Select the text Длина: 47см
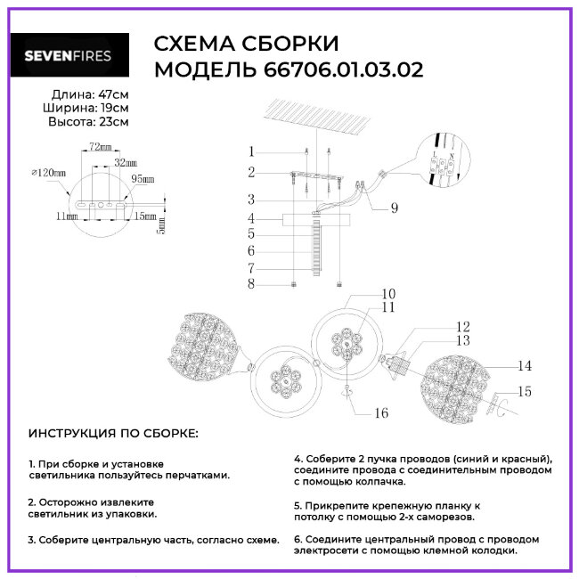89,94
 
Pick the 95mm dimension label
143,178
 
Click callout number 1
252,151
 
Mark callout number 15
526,391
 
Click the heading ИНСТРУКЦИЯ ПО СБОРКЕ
113,434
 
